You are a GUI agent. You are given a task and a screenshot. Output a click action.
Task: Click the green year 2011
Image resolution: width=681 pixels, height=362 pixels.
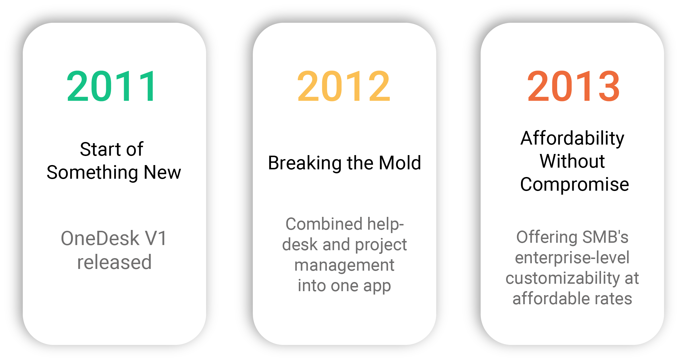pyautogui.click(x=112, y=86)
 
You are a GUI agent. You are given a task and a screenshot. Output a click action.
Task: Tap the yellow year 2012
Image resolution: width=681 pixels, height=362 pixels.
pyautogui.click(x=344, y=86)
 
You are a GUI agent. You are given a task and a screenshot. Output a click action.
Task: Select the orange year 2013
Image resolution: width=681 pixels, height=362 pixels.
pyautogui.click(x=573, y=86)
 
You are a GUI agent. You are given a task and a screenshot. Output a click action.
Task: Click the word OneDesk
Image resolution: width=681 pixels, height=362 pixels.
pyautogui.click(x=100, y=238)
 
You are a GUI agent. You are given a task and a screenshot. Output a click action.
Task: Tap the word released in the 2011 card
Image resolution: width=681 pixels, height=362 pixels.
pyautogui.click(x=114, y=262)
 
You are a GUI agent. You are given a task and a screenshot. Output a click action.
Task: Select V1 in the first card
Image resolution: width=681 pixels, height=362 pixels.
pyautogui.click(x=156, y=238)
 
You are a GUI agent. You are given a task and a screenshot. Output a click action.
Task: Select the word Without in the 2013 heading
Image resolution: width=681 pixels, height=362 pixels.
pyautogui.click(x=572, y=161)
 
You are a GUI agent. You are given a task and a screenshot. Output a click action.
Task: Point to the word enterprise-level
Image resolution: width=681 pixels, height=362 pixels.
pyautogui.click(x=572, y=258)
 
